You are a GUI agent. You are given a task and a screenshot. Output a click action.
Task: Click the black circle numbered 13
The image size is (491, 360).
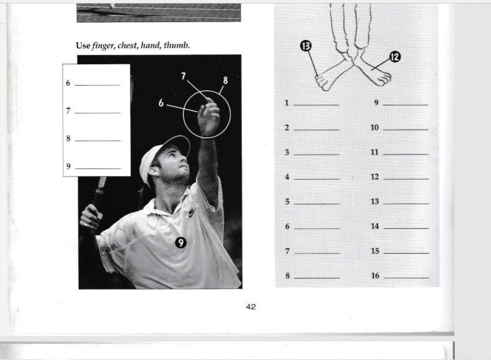click(x=306, y=46)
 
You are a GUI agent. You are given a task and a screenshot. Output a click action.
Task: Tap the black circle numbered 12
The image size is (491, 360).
click(x=395, y=57)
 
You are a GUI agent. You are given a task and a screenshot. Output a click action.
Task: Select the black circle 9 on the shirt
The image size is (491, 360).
click(x=180, y=243)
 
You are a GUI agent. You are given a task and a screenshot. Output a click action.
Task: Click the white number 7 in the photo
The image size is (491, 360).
click(x=183, y=76)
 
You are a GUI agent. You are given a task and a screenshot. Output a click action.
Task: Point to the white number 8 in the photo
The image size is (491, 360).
click(x=226, y=80)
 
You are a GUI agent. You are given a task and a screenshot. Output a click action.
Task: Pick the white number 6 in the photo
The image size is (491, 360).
click(x=161, y=103)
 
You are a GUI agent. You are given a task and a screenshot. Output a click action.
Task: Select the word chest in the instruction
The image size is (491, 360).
click(x=128, y=45)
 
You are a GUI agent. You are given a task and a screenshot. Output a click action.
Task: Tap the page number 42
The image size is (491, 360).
click(x=251, y=307)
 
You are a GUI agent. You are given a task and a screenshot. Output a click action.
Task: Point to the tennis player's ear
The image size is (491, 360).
click(x=154, y=170)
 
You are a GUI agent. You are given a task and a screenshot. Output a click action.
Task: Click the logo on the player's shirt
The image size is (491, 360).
click(x=191, y=213)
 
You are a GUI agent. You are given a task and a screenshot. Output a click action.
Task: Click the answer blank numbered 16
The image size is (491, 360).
click(x=406, y=278)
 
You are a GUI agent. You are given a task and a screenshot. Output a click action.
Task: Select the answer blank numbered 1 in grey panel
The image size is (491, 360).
click(x=316, y=105)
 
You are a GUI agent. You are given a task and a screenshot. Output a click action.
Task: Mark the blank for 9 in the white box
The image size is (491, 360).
click(x=98, y=168)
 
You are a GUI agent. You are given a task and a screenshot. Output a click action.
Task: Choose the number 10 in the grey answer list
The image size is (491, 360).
click(x=375, y=127)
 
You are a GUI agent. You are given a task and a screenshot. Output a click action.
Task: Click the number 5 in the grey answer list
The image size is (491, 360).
click(x=287, y=201)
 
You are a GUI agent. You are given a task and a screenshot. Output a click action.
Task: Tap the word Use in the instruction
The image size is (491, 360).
click(x=83, y=45)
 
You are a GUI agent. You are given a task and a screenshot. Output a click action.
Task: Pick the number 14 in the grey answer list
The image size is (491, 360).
click(x=375, y=226)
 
